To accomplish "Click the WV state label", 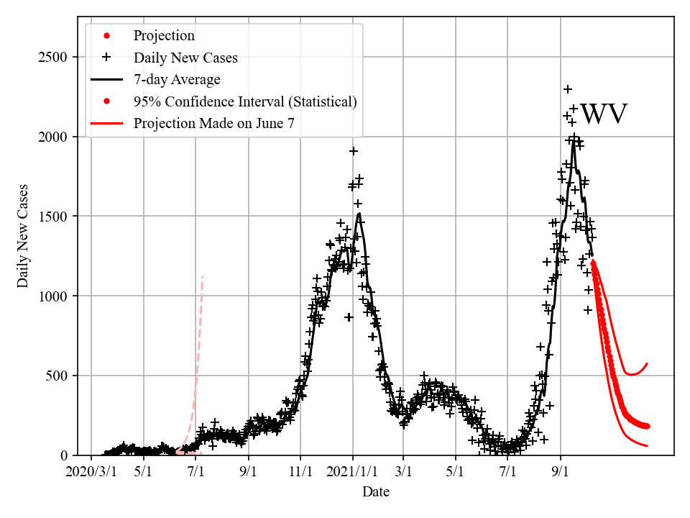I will coord(604,115).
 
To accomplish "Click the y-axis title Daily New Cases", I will coord(23,236).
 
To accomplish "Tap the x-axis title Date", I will coord(376,492).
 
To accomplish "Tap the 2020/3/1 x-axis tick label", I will coord(91,472).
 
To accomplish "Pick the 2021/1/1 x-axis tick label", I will coord(352,472).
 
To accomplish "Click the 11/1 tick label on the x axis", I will coord(300,472).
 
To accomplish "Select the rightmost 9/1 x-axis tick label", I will coord(561,472).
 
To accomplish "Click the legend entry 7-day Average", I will coord(177,79).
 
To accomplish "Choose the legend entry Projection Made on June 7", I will coord(213,124).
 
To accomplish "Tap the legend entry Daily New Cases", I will coord(185,57).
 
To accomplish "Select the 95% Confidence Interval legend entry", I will coord(244,101).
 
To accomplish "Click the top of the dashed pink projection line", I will coord(203,276).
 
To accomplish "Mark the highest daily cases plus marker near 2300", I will coord(568,89).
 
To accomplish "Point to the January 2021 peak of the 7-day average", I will coord(359,213).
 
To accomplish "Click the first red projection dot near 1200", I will coord(593,263).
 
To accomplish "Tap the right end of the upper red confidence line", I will coord(648,363).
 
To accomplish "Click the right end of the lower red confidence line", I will coord(648,446).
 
